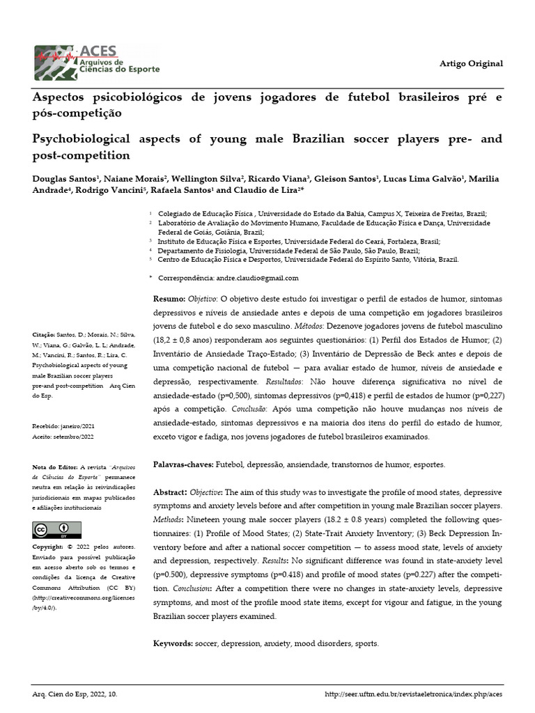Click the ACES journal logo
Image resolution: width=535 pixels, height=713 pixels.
pyautogui.click(x=98, y=63)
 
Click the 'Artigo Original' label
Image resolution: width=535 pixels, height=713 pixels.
pyautogui.click(x=470, y=63)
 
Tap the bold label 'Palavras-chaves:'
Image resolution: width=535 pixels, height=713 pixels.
pyautogui.click(x=184, y=464)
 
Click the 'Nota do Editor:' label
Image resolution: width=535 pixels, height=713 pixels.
pyautogui.click(x=56, y=467)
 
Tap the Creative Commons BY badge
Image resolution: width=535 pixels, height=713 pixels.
pyautogui.click(x=52, y=531)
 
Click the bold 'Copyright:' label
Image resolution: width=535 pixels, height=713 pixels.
pyautogui.click(x=52, y=547)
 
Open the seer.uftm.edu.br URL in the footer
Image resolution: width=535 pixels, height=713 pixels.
pyautogui.click(x=414, y=695)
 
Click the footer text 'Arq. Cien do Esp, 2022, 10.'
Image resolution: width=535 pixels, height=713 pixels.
pyautogui.click(x=75, y=695)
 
